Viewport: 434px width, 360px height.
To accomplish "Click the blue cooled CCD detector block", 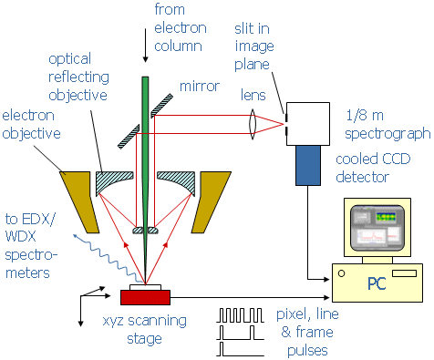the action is [308, 165].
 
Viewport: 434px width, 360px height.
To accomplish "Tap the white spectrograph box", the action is [308, 124].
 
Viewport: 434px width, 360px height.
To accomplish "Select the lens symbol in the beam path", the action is [253, 124].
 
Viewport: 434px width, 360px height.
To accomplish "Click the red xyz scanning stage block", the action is [145, 297].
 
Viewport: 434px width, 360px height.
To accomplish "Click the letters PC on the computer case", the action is [377, 283].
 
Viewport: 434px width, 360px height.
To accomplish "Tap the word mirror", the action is [200, 87].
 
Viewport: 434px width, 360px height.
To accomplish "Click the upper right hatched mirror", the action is [162, 106].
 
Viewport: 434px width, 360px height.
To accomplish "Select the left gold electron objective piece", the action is [79, 202].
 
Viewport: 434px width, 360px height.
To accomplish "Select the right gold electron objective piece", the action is [212, 202].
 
